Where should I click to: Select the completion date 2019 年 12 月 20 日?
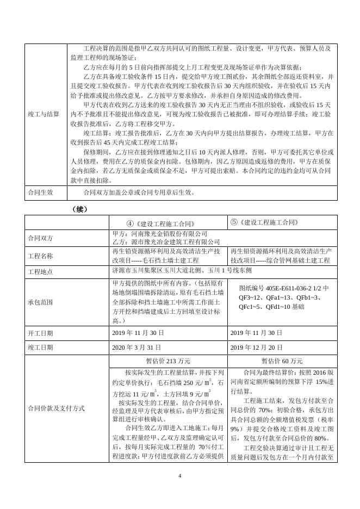coord(257,347)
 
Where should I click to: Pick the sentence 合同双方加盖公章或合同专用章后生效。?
coord(139,193)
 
